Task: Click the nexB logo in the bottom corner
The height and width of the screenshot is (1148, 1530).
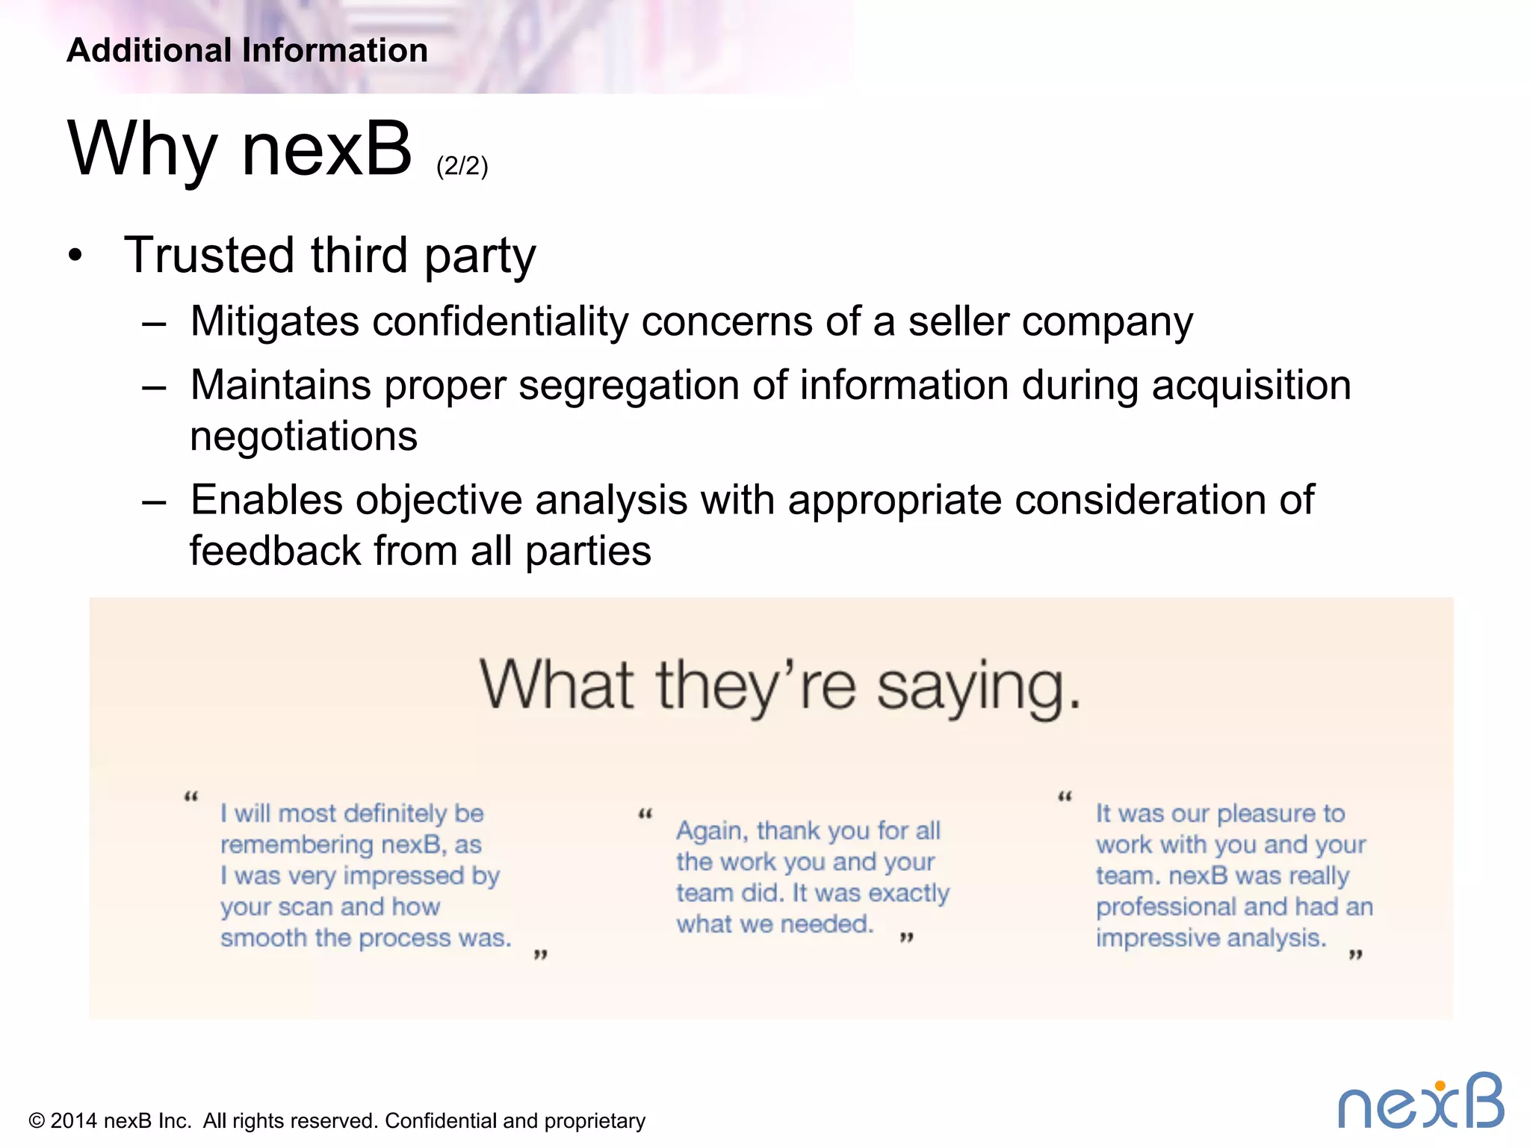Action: click(x=1420, y=1102)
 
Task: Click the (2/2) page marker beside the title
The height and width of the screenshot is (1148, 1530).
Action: click(x=462, y=165)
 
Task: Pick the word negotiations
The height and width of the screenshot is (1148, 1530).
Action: click(x=303, y=436)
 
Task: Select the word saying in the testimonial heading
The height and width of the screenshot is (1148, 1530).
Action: click(x=978, y=688)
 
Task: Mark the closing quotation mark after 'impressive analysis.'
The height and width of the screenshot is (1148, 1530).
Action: click(x=1356, y=954)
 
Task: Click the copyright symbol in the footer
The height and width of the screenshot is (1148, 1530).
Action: click(x=37, y=1121)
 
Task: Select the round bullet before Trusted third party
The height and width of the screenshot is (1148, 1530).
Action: click(x=75, y=256)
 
